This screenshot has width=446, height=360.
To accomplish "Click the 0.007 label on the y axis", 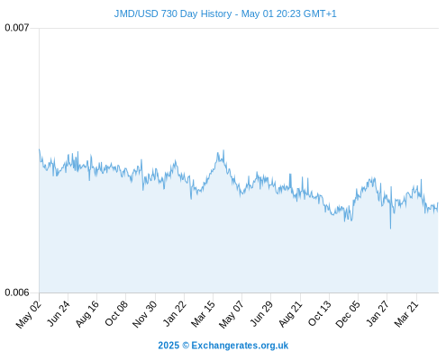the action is [17, 28].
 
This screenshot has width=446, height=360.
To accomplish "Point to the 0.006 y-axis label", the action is [17, 292].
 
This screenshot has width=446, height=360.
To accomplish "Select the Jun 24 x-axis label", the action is [59, 313].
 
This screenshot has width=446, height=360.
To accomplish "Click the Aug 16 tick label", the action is [87, 313].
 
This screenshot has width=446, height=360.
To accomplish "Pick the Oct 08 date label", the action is [116, 313].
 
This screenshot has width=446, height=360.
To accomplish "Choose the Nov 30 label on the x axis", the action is [145, 314].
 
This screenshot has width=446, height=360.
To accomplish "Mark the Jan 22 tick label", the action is [175, 313].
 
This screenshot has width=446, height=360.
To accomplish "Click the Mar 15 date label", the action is [204, 313].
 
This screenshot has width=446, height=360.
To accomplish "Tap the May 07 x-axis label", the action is [232, 314].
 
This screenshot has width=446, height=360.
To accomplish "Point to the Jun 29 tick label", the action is [261, 313].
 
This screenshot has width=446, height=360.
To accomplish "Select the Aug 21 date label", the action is [290, 313].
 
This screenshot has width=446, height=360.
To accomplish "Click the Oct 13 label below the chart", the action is [320, 313].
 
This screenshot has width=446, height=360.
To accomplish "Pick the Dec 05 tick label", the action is [348, 314].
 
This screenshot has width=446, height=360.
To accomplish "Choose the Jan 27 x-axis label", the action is [378, 313].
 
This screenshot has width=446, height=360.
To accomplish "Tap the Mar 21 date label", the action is [406, 313].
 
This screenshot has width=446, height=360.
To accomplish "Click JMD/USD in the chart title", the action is [136, 13].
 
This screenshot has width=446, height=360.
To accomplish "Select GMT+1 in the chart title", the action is [320, 13].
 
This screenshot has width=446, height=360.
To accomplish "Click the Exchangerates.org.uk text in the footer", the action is [240, 346].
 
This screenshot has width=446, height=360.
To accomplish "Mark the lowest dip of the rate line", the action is [390, 229].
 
